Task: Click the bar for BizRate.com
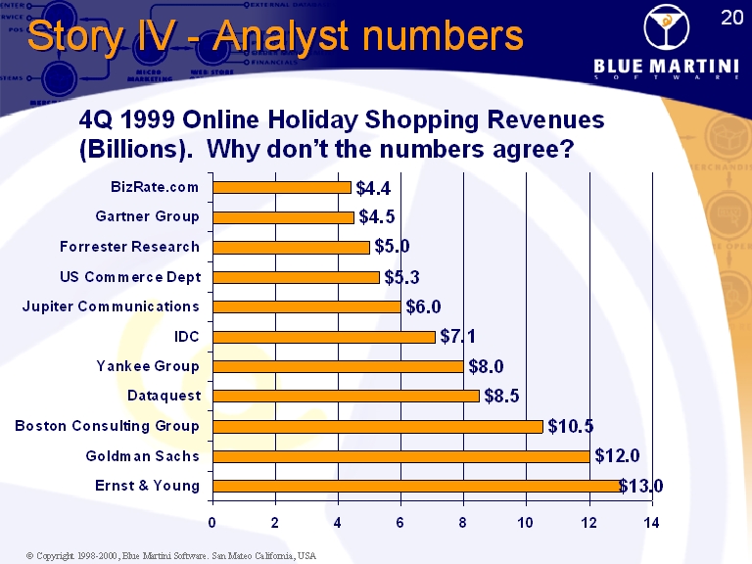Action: coord(281,187)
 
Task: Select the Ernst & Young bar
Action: coord(416,486)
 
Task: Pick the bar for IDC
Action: coord(323,337)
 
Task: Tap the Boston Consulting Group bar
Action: coord(377,426)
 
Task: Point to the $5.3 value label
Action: coord(402,277)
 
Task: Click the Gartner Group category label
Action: coord(147,216)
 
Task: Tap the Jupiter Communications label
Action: coord(111,306)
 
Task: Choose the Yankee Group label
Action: coord(148,366)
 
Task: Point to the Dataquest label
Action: coord(164,396)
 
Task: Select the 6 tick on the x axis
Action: coord(400,523)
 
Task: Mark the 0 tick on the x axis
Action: coord(212,523)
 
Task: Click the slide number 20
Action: coord(730,17)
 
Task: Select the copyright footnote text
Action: coord(171,555)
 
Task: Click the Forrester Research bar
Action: coord(291,247)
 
